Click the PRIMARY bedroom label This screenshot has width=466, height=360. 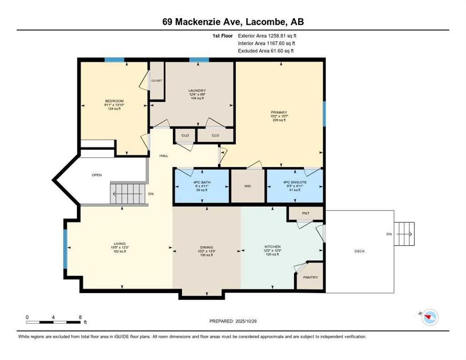click(279, 112)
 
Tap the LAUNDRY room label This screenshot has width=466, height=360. click(197, 90)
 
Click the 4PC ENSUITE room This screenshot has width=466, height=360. click(293, 183)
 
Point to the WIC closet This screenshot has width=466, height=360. click(248, 186)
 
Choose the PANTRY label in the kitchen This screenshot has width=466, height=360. click(310, 277)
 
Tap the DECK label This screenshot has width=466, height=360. click(359, 251)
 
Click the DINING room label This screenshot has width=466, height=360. click(206, 247)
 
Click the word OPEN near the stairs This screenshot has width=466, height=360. click(97, 175)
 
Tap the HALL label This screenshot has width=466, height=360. click(163, 156)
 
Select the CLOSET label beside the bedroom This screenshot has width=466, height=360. click(157, 81)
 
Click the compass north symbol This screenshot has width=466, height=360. click(429, 318)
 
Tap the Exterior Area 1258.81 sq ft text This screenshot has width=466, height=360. click(267, 35)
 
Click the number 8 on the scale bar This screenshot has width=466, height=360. click(80, 317)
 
